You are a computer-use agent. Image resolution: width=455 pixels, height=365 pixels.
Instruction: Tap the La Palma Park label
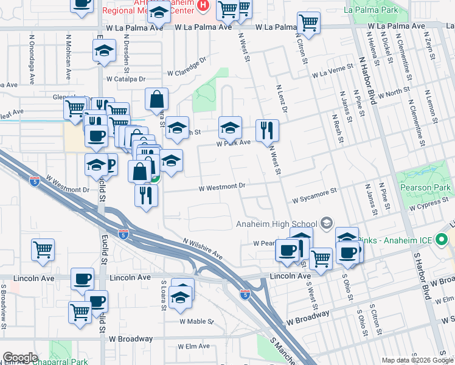(371, 10)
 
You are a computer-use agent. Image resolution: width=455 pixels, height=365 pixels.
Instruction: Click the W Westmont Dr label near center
(221, 187)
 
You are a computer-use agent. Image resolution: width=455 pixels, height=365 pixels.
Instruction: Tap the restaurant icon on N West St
(267, 130)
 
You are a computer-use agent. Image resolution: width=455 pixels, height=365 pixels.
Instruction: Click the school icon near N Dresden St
(105, 51)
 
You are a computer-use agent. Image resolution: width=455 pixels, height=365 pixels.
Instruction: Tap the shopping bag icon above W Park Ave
(156, 99)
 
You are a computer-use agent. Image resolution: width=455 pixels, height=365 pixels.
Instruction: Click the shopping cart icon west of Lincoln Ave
(43, 249)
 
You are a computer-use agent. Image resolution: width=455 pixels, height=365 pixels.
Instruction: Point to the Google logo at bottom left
(20, 358)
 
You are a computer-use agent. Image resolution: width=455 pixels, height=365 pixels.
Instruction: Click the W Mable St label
(196, 321)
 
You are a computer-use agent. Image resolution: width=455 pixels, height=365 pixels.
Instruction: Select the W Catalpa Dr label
(126, 79)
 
